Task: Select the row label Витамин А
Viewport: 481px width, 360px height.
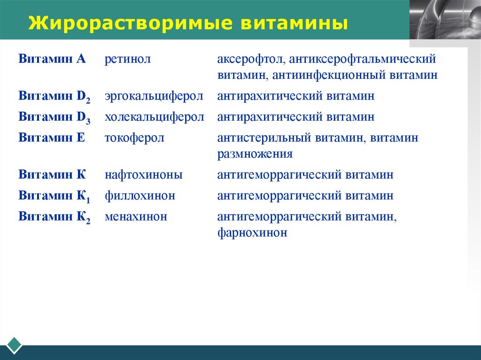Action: (52, 60)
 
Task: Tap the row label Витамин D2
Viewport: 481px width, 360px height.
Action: (54, 96)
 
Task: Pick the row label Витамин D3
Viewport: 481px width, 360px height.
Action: (54, 117)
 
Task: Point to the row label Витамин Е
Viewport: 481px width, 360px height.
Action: (52, 138)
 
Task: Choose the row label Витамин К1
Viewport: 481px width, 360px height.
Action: (54, 196)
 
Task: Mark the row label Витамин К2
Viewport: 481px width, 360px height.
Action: (54, 217)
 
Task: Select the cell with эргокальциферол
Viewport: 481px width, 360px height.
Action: (154, 96)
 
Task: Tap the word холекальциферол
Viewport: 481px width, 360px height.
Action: (154, 117)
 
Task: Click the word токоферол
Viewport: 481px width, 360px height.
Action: (134, 138)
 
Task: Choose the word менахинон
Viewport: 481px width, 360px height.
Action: (136, 216)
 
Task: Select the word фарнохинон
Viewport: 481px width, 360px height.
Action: (252, 232)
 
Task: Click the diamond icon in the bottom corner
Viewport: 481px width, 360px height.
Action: (14, 345)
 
